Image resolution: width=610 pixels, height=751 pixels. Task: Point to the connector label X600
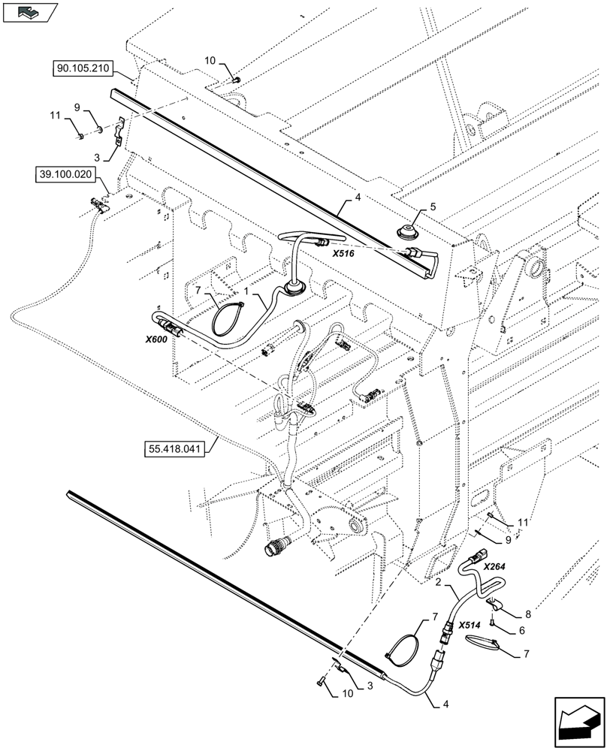click(156, 339)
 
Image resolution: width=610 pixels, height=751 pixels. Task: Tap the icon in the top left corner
click(29, 13)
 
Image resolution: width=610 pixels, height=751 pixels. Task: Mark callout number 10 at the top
click(210, 59)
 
